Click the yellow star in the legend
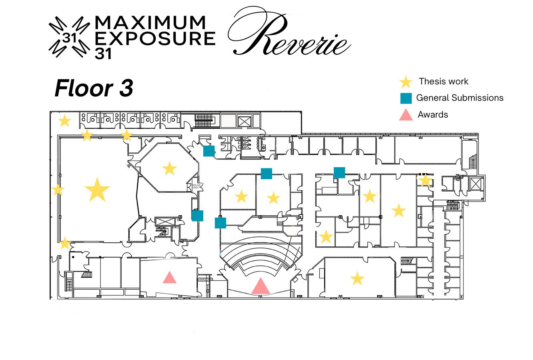click(406, 82)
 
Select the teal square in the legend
click(406, 98)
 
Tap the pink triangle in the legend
click(406, 115)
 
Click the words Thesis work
click(443, 82)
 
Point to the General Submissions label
click(460, 98)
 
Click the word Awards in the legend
click(433, 115)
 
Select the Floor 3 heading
click(94, 88)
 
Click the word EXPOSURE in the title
click(155, 39)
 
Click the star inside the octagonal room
click(170, 168)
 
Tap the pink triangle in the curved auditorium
click(260, 286)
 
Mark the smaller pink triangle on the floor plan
click(170, 277)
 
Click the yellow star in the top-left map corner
click(64, 120)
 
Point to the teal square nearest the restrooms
click(208, 151)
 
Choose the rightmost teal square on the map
click(339, 172)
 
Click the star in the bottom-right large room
click(357, 278)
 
